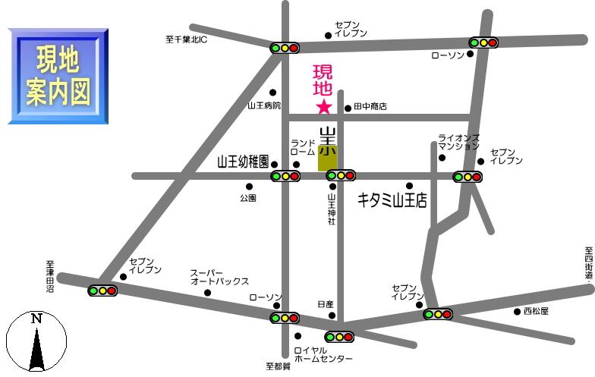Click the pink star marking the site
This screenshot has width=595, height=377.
point(323,106)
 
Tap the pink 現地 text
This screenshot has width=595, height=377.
point(323,80)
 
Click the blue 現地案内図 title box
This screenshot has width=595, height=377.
point(58,76)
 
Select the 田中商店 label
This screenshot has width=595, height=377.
point(370,107)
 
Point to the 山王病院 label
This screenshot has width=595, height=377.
point(264,105)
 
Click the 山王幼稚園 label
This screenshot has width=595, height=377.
point(243,162)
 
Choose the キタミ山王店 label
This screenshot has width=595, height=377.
point(392,201)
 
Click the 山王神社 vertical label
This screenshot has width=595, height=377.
point(332,208)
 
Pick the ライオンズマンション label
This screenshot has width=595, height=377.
point(458,141)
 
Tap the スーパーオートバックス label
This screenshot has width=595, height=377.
point(219,277)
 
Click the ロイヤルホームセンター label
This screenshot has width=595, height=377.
point(323,354)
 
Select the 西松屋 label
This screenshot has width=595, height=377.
point(535,311)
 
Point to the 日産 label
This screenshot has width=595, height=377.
point(326,303)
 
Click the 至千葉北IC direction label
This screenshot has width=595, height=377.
point(186,39)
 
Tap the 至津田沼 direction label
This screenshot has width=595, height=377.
point(50,278)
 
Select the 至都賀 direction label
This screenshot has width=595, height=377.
point(278,366)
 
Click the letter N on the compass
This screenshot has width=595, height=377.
point(36,319)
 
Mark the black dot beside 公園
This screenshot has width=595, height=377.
point(248,187)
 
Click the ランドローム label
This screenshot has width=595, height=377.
point(303,147)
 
